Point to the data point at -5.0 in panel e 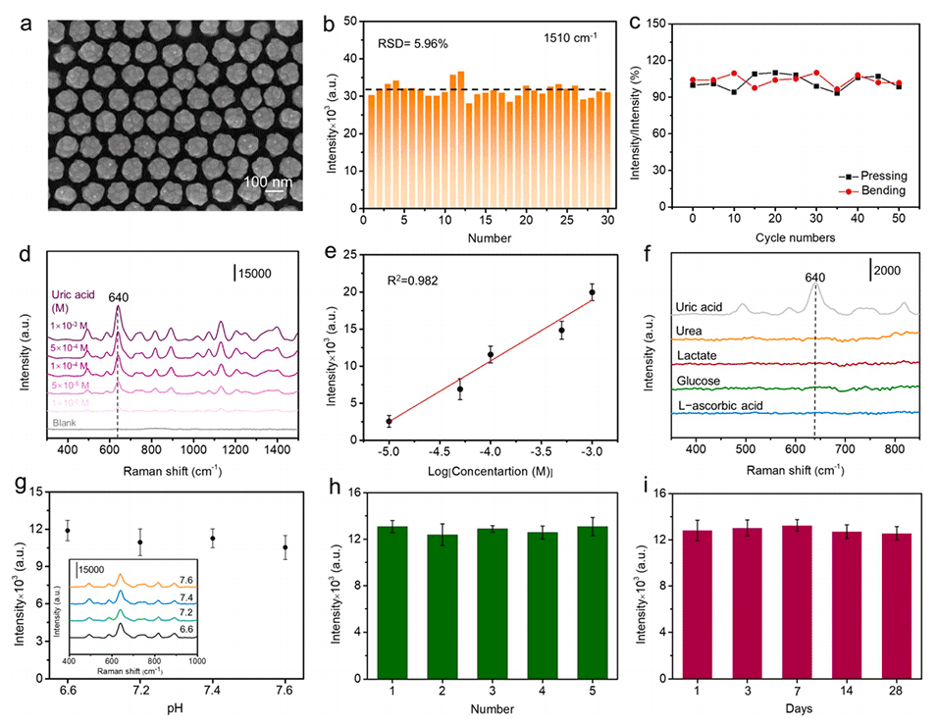coord(389,421)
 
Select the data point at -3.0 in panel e coord(592,292)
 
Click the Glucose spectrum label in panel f coord(694,382)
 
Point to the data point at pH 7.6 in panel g coord(286,547)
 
